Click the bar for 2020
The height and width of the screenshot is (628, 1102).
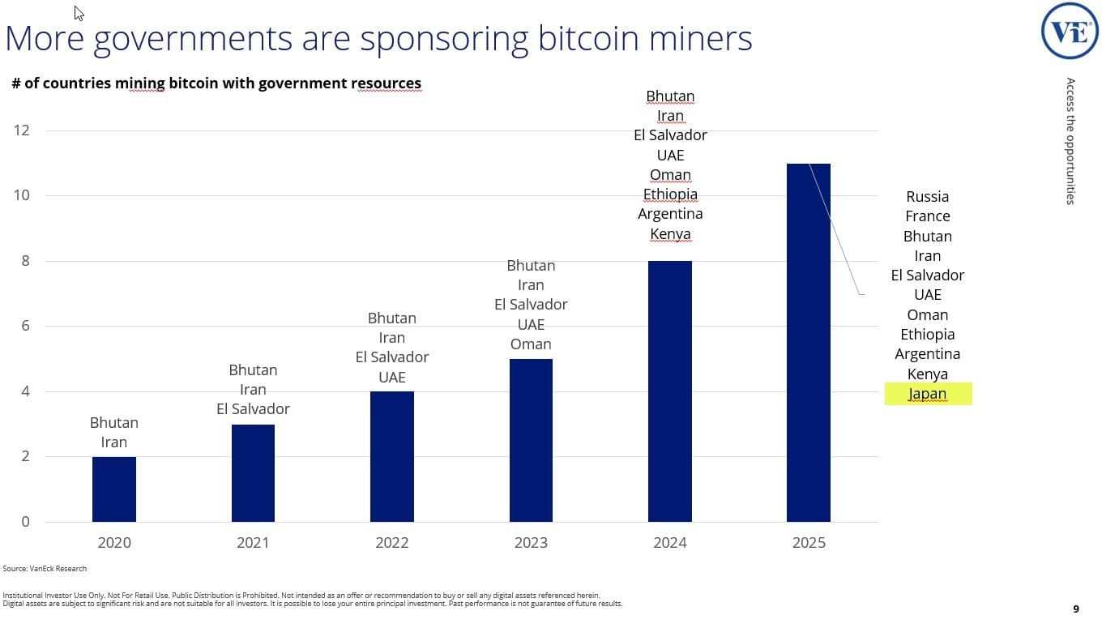[x=114, y=489]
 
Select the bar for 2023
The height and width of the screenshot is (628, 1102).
[x=531, y=440]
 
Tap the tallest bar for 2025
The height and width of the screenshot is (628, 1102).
[x=809, y=342]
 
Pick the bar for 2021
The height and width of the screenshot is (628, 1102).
[x=253, y=473]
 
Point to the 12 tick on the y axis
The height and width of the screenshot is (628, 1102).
[x=22, y=130]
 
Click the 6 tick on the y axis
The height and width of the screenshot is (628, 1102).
[x=25, y=326]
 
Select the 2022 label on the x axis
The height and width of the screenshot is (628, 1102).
[x=392, y=543]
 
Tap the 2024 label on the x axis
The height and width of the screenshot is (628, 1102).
[x=670, y=543]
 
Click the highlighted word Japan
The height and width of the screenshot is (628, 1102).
[x=928, y=394]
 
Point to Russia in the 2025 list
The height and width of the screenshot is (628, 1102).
[x=928, y=196]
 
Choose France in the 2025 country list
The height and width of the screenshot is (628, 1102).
[x=928, y=216]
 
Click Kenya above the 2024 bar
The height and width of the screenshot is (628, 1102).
[x=670, y=234]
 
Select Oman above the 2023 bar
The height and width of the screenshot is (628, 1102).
[x=531, y=344]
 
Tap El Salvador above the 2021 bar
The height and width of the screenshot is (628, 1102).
[x=253, y=409]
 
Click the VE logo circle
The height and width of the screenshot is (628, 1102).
[x=1070, y=31]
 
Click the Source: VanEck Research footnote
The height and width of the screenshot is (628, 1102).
[x=45, y=569]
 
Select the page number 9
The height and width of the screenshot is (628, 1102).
[x=1075, y=609]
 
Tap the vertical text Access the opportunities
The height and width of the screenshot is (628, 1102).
[x=1070, y=141]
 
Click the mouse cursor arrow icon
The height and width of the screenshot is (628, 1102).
[x=79, y=12]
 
